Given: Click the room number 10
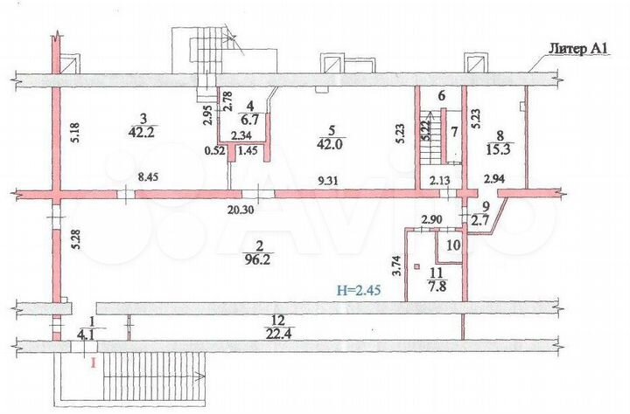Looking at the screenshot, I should click(x=452, y=245).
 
